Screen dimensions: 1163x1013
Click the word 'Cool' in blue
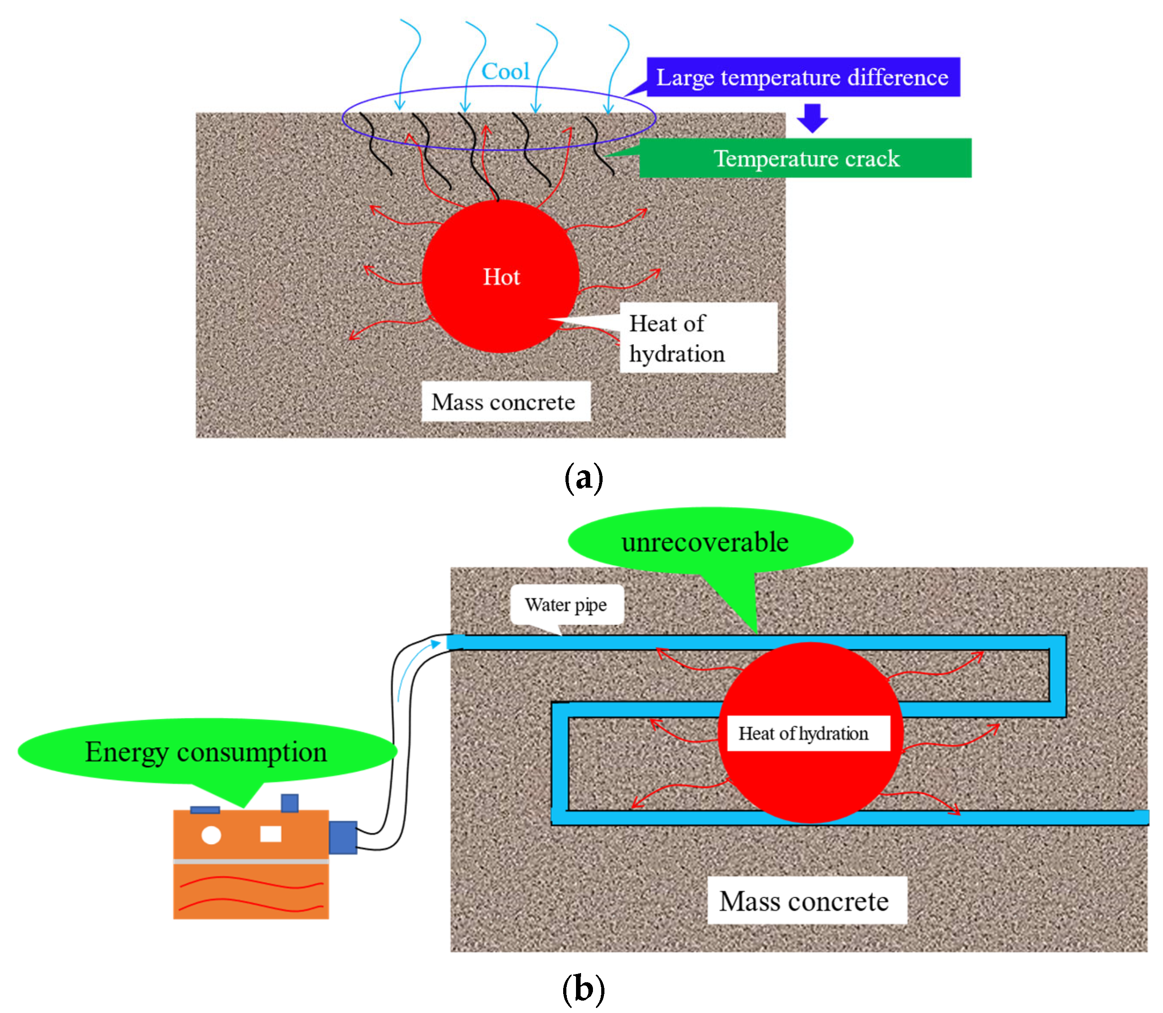[505, 71]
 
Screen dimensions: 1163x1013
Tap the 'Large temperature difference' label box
[803, 77]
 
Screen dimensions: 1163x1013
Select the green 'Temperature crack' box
[805, 158]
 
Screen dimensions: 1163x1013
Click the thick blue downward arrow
[812, 117]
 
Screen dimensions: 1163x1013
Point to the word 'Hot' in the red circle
[501, 277]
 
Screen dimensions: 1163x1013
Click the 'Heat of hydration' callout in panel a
[698, 338]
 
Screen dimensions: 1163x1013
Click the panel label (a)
[584, 478]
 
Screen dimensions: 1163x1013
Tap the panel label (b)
[583, 989]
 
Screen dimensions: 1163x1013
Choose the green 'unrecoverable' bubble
[710, 541]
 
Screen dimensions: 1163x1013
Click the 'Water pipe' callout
[567, 605]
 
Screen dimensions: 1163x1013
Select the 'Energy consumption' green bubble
[207, 751]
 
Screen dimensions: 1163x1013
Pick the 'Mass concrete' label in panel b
[807, 901]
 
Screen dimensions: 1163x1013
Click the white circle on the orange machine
[211, 835]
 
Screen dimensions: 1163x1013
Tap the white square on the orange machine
[271, 834]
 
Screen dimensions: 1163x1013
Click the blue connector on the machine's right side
[343, 837]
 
